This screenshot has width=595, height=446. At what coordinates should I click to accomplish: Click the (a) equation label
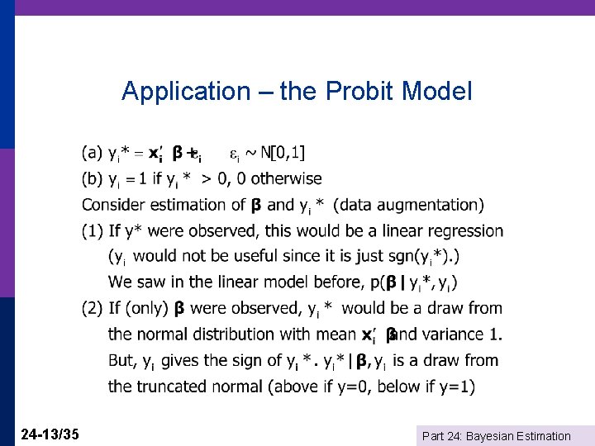(92, 152)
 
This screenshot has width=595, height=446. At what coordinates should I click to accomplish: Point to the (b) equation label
(92, 178)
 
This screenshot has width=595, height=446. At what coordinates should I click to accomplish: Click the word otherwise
(286, 178)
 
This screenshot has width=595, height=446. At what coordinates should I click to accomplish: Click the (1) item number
(92, 231)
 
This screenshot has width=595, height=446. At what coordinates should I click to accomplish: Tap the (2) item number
(92, 309)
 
